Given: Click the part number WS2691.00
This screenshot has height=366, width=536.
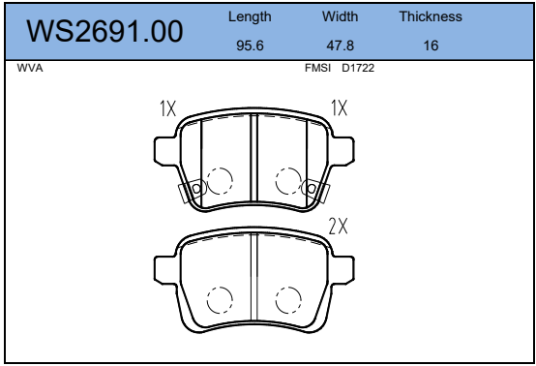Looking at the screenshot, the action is tap(104, 32).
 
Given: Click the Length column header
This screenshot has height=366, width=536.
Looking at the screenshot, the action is tap(250, 17).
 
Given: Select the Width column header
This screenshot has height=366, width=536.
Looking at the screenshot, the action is tap(340, 16).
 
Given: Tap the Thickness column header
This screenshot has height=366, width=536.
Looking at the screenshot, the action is tap(431, 16).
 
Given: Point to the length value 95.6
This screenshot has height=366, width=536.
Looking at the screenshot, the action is tap(250, 46).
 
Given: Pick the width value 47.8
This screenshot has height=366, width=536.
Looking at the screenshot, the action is tap(341, 46).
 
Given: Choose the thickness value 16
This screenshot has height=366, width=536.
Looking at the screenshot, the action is tap(431, 46).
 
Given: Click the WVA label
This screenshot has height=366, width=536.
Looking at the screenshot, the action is tap(30, 68).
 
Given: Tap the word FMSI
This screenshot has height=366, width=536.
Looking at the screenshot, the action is tap(317, 68).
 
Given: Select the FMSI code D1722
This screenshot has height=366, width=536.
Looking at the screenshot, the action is tap(358, 68).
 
